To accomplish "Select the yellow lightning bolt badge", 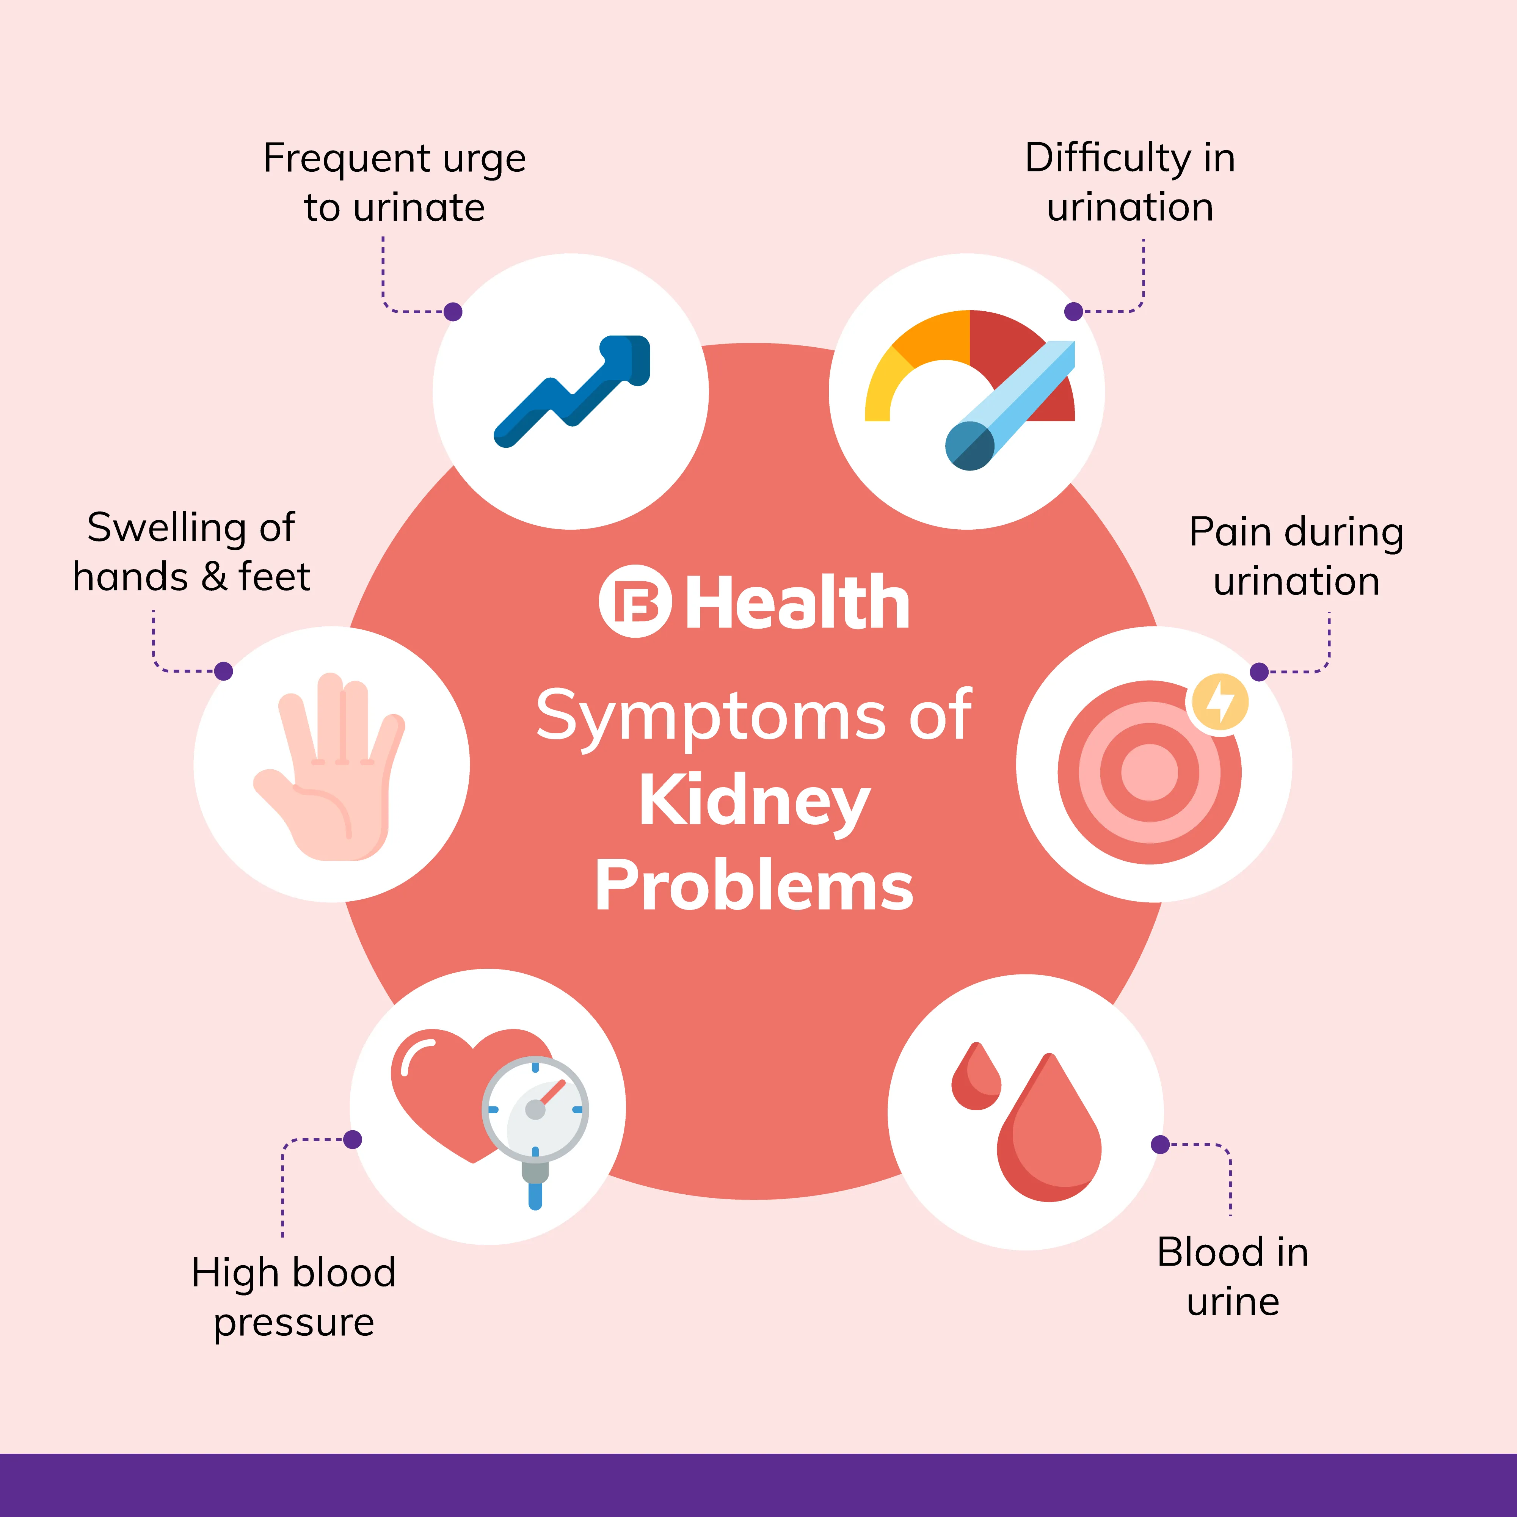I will [1219, 701].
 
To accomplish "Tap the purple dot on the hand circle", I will [224, 671].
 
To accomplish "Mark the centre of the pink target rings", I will [1150, 772].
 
